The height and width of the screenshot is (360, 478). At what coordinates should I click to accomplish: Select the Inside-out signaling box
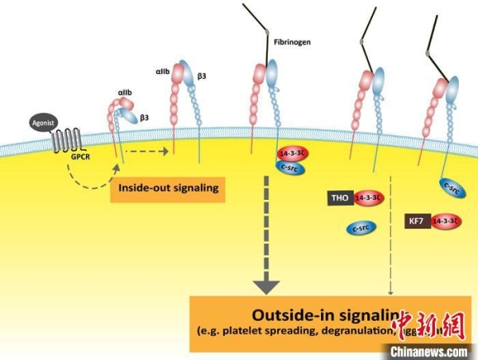click(163, 189)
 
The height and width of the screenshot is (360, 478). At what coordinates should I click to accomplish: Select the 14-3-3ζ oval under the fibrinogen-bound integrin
click(292, 153)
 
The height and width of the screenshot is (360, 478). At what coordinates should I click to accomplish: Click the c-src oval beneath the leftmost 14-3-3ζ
click(291, 167)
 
